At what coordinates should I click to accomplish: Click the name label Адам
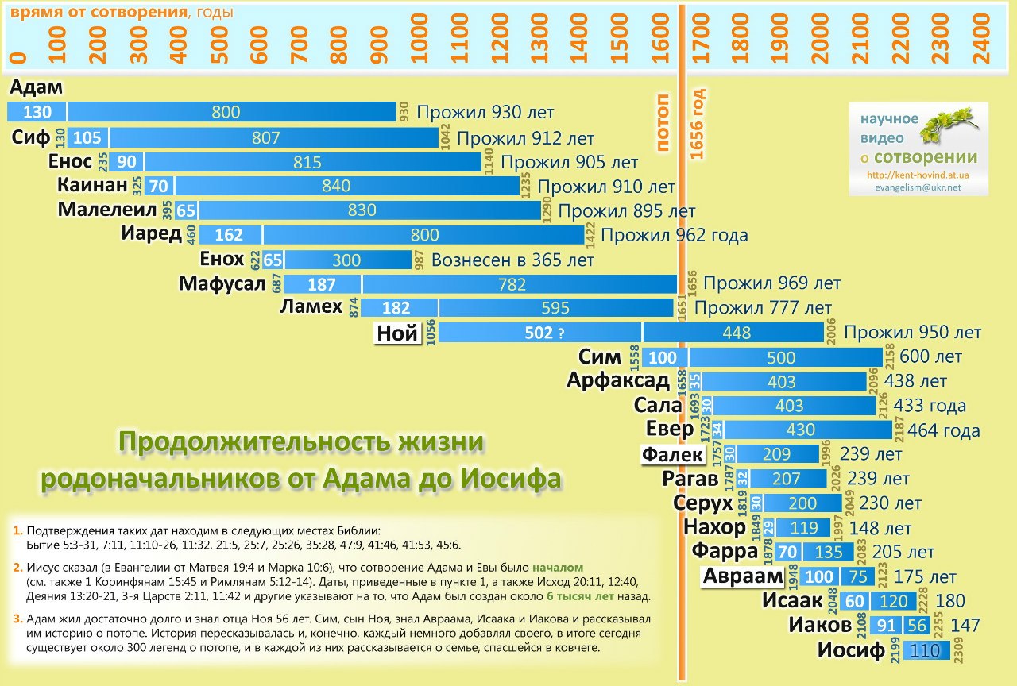(x=37, y=87)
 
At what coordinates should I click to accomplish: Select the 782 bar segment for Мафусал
(x=520, y=284)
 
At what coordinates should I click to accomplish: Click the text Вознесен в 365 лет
(x=512, y=260)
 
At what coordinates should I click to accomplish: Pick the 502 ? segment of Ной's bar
(x=539, y=333)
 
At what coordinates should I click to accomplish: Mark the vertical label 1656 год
(x=698, y=124)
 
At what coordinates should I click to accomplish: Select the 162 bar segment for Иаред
(x=230, y=236)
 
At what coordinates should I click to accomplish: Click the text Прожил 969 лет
(x=771, y=283)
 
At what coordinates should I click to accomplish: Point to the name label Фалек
(x=672, y=455)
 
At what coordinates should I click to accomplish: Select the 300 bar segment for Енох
(x=346, y=260)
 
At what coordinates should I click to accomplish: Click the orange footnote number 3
(x=17, y=619)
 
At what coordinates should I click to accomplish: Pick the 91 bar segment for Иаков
(x=886, y=625)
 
